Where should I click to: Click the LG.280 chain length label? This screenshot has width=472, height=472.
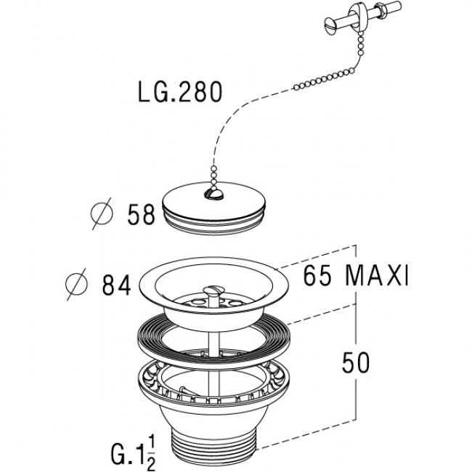(x=180, y=92)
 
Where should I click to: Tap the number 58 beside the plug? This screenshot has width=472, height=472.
(x=141, y=214)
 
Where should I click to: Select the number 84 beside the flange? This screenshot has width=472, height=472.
(x=116, y=285)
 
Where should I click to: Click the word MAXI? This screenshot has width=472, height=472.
(x=378, y=276)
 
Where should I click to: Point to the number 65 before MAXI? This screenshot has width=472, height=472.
(x=317, y=276)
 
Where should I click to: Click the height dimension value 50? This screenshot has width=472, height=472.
(x=356, y=362)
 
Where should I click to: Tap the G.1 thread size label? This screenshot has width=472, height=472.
(x=128, y=455)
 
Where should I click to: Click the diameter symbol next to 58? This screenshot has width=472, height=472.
(x=102, y=213)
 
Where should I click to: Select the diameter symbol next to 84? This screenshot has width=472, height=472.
(x=77, y=284)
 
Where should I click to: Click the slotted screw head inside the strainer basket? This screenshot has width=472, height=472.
(x=213, y=290)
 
